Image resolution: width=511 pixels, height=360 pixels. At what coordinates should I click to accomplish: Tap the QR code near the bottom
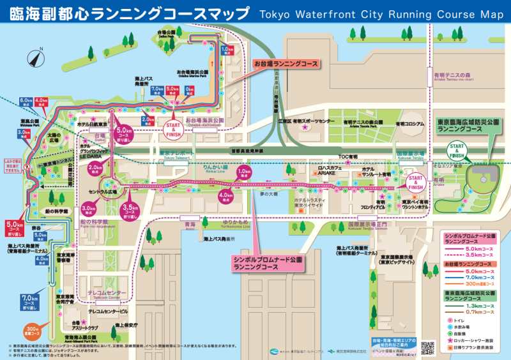428,347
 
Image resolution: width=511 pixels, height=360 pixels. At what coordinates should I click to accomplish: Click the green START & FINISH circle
457,151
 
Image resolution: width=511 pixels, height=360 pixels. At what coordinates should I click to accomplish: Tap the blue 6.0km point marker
26,101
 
